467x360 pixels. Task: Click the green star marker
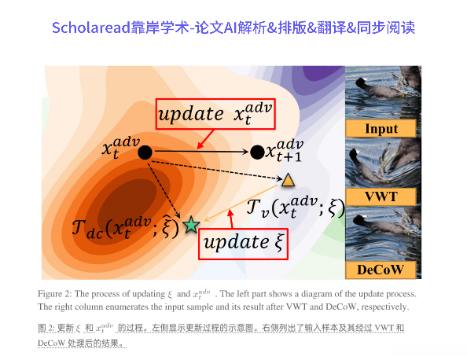point(190,226)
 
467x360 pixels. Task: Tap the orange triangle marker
point(288,181)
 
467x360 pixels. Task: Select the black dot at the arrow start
point(145,152)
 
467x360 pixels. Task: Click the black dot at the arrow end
point(256,152)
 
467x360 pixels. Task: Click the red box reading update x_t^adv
point(214,115)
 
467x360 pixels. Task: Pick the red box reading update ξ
point(242,241)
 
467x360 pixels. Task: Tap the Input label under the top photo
point(382,128)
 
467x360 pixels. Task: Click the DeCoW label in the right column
point(382,270)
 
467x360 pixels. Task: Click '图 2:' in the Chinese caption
point(49,327)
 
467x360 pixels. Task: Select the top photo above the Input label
point(382,91)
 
